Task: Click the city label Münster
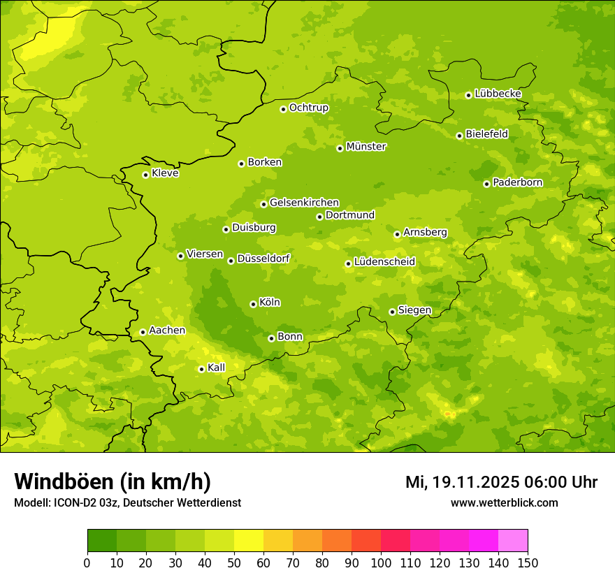(x=366, y=147)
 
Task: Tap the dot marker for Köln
(x=253, y=304)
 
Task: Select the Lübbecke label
(x=498, y=94)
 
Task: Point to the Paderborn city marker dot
(x=486, y=184)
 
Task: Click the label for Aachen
(x=167, y=331)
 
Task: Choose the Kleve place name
(x=165, y=173)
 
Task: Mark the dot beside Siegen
(x=392, y=312)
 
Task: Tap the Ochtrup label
(x=308, y=108)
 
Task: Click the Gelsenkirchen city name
(x=304, y=203)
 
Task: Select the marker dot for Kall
(x=201, y=369)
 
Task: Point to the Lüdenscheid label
(x=384, y=262)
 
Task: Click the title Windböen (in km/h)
(x=113, y=481)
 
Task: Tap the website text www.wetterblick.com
(x=504, y=503)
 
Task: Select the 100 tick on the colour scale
(x=381, y=563)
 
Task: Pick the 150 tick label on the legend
(x=528, y=563)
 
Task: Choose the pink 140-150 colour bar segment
(x=513, y=541)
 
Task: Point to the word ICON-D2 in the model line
(x=72, y=503)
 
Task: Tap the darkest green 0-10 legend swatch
(x=102, y=541)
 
